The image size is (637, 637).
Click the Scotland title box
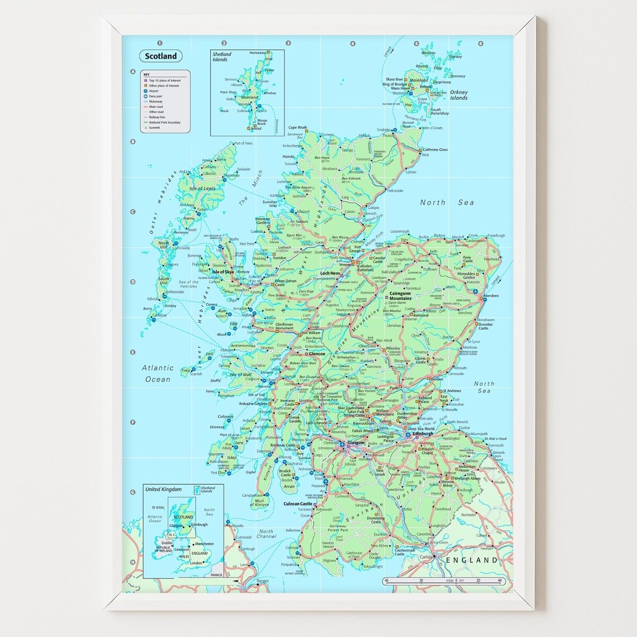point(161,56)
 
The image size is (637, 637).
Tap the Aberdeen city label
point(490,295)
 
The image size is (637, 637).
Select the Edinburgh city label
point(423,434)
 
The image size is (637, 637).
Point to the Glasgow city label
point(355,442)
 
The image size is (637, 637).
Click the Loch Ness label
point(330,273)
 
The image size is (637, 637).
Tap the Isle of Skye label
point(223,272)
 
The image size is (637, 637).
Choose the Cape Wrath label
point(298,127)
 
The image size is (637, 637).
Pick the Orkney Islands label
point(459,95)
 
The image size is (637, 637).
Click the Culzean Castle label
point(298,503)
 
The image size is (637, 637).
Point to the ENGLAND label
point(472,560)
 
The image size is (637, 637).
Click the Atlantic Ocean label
point(158,373)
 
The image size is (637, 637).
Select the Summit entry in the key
point(154,127)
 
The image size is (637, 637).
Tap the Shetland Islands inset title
point(222,57)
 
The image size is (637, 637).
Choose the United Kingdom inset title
point(163,489)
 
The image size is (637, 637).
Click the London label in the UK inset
point(196,563)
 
